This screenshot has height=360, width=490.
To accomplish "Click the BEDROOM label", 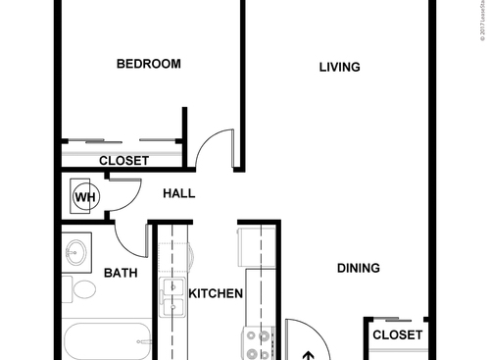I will [x=149, y=65].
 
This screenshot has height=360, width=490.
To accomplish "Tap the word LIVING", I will [x=340, y=68].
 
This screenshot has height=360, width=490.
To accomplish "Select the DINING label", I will [x=359, y=268].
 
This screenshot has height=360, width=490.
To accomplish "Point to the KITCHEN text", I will [x=216, y=293].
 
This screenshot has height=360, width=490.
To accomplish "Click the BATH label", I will [x=120, y=274].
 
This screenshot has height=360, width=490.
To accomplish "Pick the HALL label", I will [x=178, y=193].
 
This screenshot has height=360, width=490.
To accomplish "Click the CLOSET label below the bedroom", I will [x=124, y=160].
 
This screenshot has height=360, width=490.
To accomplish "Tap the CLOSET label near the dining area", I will [x=397, y=335].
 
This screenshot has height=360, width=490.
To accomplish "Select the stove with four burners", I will [x=259, y=342].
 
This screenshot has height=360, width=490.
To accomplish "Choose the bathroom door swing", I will [x=128, y=235].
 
